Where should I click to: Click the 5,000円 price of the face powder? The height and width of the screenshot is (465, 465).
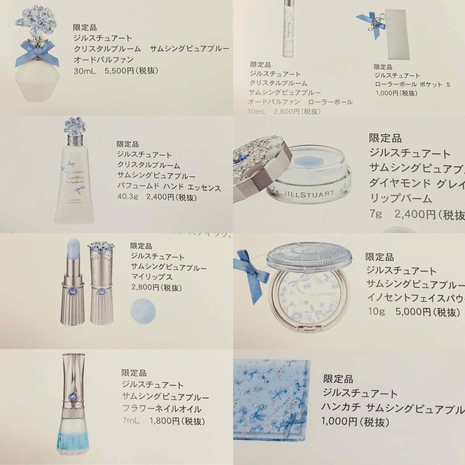(407, 313)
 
